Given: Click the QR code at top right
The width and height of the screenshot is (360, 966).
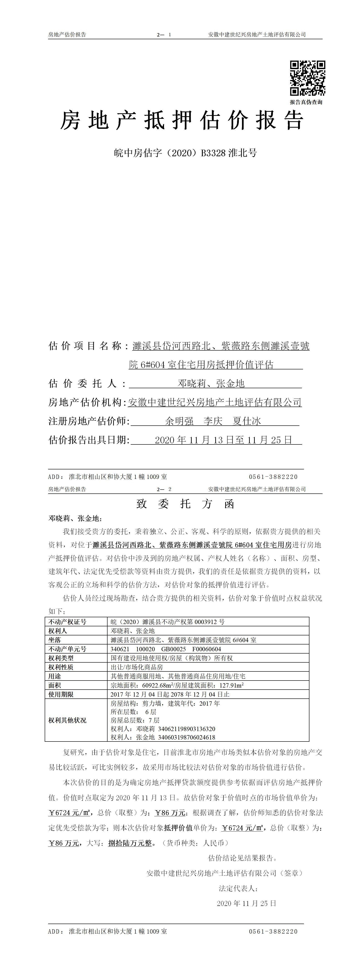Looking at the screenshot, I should click(307, 78).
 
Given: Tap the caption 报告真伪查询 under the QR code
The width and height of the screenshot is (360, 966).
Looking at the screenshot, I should click(306, 102).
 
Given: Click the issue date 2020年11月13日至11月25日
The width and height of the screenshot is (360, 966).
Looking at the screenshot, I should click(223, 440).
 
